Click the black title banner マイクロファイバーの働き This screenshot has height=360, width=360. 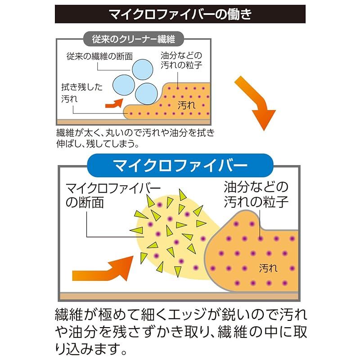click(x=180, y=14)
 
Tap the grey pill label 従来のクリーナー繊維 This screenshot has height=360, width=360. click(x=133, y=39)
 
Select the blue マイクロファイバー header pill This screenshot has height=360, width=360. click(x=180, y=165)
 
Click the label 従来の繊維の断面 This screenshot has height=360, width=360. click(x=99, y=56)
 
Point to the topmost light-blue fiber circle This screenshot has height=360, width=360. click(x=143, y=70)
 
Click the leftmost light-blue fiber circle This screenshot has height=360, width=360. click(x=123, y=85)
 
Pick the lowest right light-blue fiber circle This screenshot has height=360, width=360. click(x=146, y=94)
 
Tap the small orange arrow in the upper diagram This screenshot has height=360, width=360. click(x=114, y=103)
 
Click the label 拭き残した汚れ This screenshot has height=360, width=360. click(x=81, y=93)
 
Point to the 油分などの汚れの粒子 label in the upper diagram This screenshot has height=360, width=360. click(x=181, y=60)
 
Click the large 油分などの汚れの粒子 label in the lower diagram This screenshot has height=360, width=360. click(x=256, y=194)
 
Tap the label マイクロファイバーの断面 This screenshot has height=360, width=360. click(x=113, y=196)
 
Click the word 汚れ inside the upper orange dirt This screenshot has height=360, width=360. click(x=186, y=105)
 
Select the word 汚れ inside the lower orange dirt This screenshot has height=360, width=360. click(x=268, y=268)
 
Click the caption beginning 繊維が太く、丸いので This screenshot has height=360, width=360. click(x=135, y=138)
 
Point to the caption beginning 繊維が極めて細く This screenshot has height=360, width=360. click(x=181, y=332)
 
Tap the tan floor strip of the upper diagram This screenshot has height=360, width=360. click(x=134, y=122)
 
